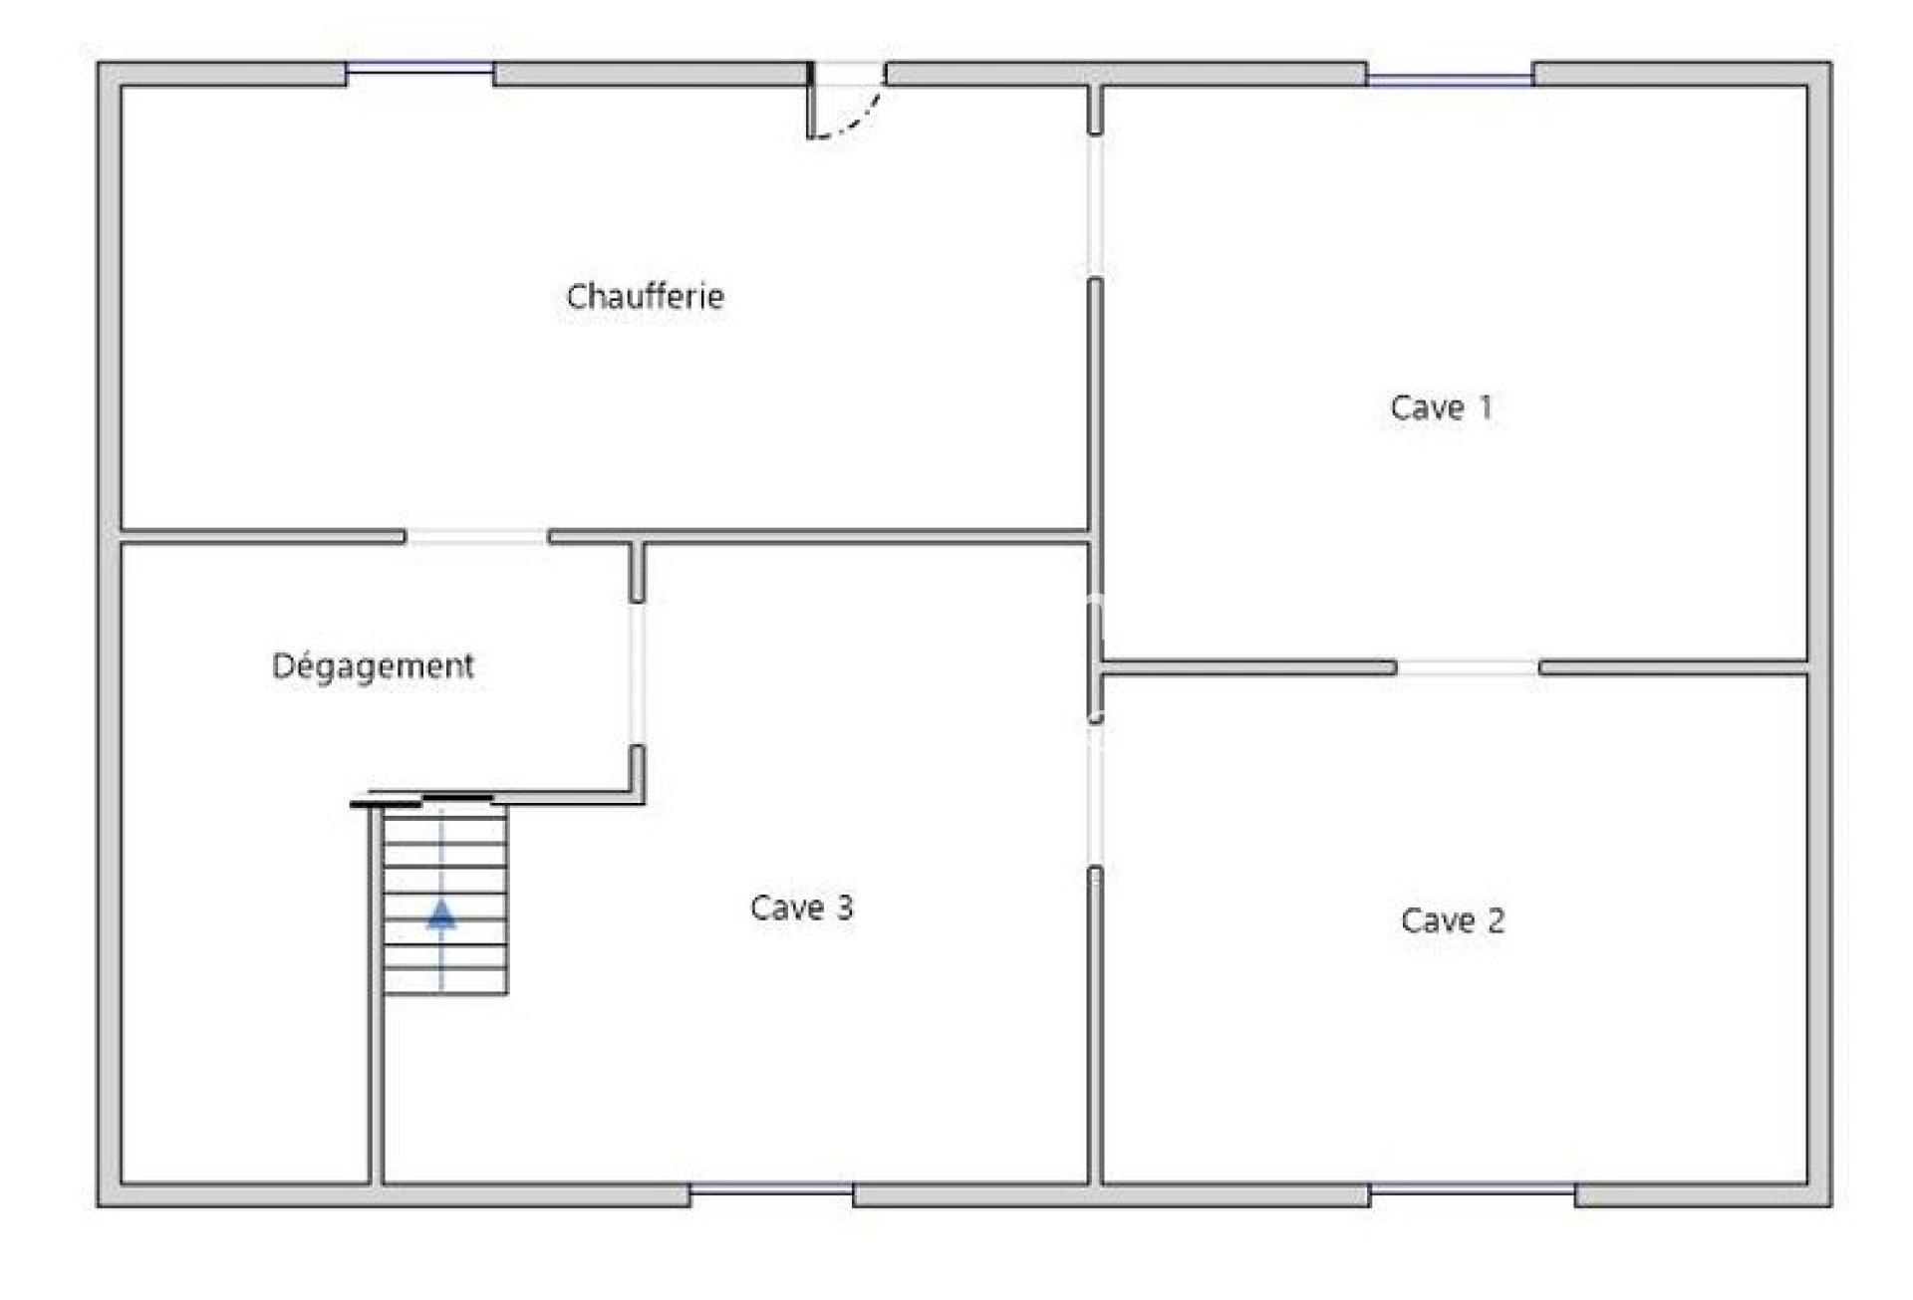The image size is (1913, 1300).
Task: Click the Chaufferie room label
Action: click(645, 296)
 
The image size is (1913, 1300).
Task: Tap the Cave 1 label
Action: click(1441, 406)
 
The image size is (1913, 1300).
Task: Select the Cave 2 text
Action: click(1452, 919)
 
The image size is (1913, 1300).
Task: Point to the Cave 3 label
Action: click(801, 907)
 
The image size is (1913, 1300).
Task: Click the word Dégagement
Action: click(373, 665)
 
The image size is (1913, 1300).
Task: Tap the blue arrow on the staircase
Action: click(441, 913)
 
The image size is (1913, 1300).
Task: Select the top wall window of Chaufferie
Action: click(419, 69)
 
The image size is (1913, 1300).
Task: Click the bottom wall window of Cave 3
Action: click(771, 1189)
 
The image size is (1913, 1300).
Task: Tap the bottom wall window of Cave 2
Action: click(1473, 1189)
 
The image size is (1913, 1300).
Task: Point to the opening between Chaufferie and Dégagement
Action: click(477, 537)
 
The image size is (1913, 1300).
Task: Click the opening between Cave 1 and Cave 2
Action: click(1468, 667)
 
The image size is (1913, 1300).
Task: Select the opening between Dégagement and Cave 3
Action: click(638, 674)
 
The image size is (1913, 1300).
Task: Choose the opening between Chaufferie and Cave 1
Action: click(1095, 206)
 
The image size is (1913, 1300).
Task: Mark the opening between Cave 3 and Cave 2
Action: click(1095, 793)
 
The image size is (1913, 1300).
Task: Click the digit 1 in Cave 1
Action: click(1486, 406)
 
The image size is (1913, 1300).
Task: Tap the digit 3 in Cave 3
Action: click(844, 907)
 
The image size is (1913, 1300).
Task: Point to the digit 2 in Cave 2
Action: click(1496, 919)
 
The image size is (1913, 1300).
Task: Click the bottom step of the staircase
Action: click(445, 981)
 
